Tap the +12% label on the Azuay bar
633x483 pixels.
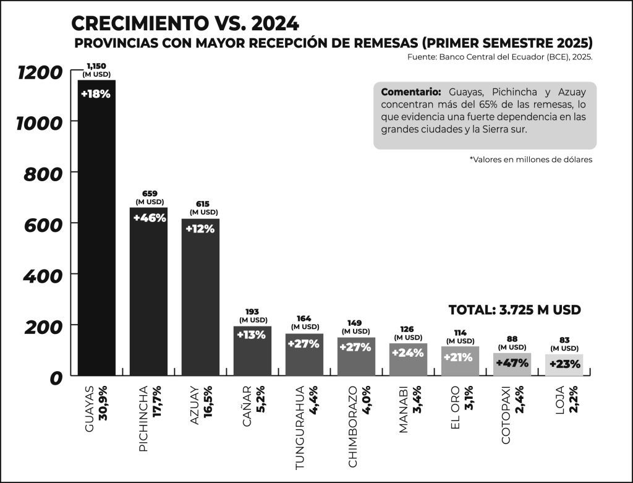coord(200,229)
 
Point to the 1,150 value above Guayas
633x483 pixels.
coord(96,66)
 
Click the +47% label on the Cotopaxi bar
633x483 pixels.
coord(512,363)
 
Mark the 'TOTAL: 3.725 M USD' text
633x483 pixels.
coord(514,310)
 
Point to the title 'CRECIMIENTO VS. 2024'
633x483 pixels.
coord(185,24)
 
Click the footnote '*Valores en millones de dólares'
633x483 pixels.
coord(531,160)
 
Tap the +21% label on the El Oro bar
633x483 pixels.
coord(459,357)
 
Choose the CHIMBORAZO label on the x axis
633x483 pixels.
coord(351,426)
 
